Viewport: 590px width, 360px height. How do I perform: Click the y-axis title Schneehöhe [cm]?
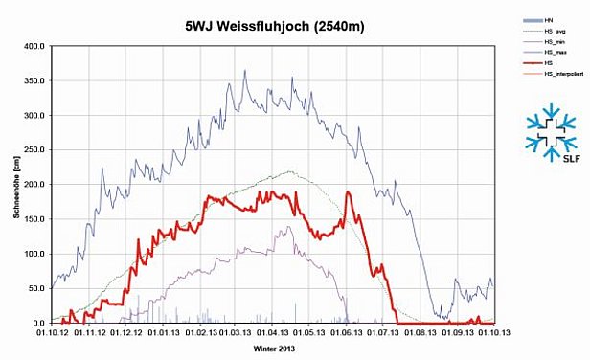(x=16, y=184)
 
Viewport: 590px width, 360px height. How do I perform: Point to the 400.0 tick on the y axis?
(x=34, y=46)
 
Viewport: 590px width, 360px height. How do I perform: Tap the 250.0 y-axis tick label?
(x=34, y=150)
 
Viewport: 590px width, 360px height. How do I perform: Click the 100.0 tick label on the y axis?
(x=34, y=254)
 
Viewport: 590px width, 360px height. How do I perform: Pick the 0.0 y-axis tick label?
(x=38, y=324)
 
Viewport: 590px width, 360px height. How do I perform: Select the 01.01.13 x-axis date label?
(x=163, y=333)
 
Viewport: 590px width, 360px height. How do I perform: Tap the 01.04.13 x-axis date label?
(x=273, y=333)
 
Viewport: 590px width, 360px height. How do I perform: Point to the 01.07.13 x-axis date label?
(x=383, y=333)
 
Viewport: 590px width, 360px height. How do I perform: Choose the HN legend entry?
(x=548, y=20)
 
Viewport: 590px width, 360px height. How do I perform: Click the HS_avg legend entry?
(x=554, y=32)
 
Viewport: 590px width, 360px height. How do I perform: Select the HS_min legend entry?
(x=554, y=42)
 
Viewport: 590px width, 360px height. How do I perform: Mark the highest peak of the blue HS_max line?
(x=244, y=70)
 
